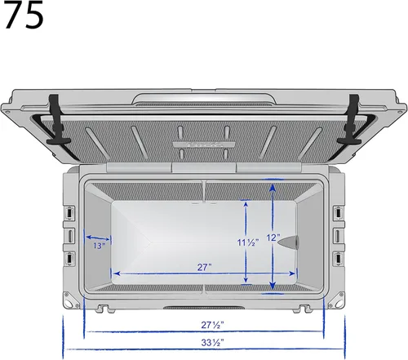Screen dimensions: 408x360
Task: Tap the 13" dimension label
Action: pyautogui.click(x=99, y=246)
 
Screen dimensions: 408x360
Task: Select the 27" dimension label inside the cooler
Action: pyautogui.click(x=204, y=267)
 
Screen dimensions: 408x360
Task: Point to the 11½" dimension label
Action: pyautogui.click(x=248, y=242)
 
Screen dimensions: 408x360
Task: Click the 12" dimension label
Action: pyautogui.click(x=273, y=238)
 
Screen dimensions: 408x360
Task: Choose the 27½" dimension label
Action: pyautogui.click(x=212, y=325)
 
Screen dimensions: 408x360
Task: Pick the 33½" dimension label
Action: pyautogui.click(x=212, y=342)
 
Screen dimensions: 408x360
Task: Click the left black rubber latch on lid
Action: pyautogui.click(x=58, y=120)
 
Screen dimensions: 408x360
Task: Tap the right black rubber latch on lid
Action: pyautogui.click(x=350, y=120)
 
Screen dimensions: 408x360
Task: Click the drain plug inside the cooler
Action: pyautogui.click(x=289, y=242)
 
